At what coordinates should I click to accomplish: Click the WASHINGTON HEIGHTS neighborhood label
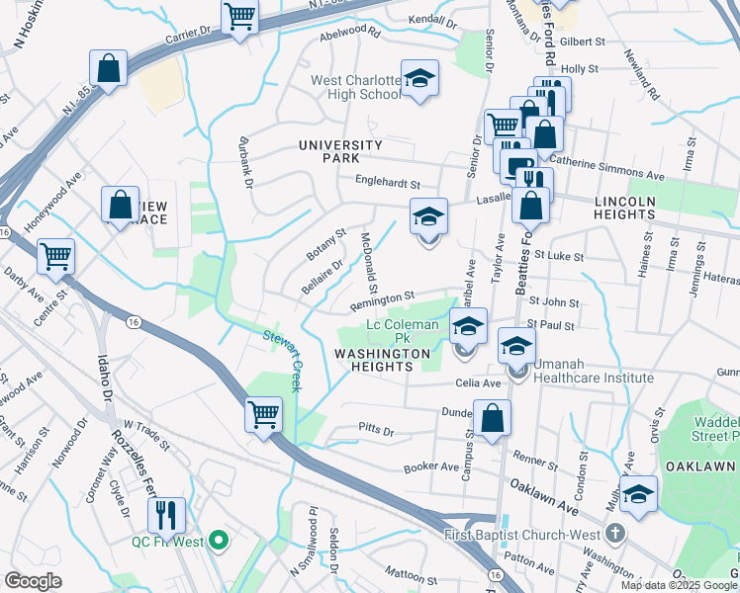[x=382, y=360]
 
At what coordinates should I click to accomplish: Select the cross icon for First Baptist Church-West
[x=615, y=535]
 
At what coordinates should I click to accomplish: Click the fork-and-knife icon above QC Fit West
[x=165, y=513]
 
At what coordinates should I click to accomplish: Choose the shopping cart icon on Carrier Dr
[x=240, y=17]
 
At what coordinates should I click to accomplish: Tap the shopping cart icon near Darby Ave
[x=56, y=256]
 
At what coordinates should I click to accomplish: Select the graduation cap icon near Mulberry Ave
[x=638, y=493]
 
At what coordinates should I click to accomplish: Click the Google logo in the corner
[x=34, y=581]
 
